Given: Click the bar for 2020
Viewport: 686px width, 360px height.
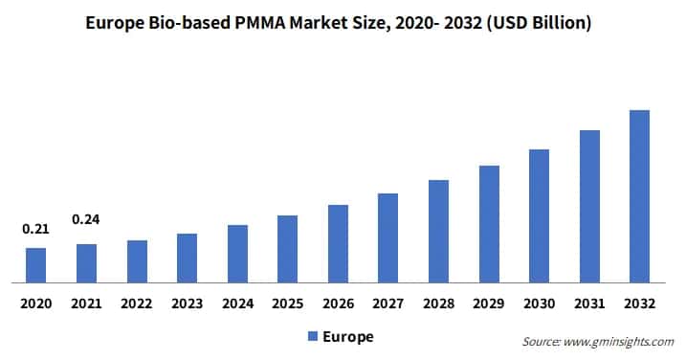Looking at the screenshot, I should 35,265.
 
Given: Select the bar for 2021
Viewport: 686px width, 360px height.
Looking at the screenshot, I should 86,263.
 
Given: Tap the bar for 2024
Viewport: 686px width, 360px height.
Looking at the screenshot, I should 237,254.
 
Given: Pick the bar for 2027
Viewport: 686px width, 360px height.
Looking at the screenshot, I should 387,237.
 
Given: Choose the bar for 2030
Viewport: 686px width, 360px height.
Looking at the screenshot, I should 539,215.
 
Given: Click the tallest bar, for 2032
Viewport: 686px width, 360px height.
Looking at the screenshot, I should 639,196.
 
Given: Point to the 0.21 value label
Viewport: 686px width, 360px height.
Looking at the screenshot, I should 35,229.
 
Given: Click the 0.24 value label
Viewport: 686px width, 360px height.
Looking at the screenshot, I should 86,219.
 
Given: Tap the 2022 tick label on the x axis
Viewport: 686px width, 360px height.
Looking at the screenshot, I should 137,304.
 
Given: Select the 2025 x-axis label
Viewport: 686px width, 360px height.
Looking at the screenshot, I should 287,304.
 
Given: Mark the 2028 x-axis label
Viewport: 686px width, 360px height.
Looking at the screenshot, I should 438,304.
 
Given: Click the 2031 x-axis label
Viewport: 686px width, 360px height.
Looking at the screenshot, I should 589,304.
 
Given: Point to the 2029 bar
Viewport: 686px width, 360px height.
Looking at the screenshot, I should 489,224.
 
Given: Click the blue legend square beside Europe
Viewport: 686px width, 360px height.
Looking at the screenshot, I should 312,336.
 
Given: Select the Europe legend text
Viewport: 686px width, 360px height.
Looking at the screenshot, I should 348,336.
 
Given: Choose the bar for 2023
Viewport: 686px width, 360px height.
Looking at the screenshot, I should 187,259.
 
